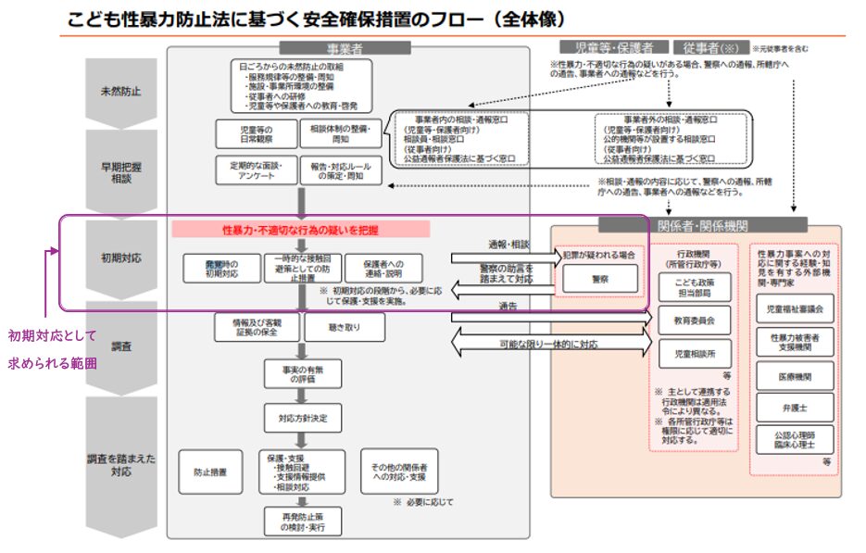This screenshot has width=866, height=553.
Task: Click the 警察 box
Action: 599,278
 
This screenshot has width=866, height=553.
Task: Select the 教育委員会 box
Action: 696,320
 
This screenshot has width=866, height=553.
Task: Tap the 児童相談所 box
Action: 696,354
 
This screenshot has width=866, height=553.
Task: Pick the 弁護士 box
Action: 795,408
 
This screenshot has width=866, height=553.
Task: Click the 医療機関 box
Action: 795,374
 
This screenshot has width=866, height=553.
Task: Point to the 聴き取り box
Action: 344,326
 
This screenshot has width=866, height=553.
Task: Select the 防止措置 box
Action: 211,471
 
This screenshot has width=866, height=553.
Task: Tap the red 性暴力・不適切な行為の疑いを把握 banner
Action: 301,229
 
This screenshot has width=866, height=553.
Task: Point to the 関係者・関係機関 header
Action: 702,224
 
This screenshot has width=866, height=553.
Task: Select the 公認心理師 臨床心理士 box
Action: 795,440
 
